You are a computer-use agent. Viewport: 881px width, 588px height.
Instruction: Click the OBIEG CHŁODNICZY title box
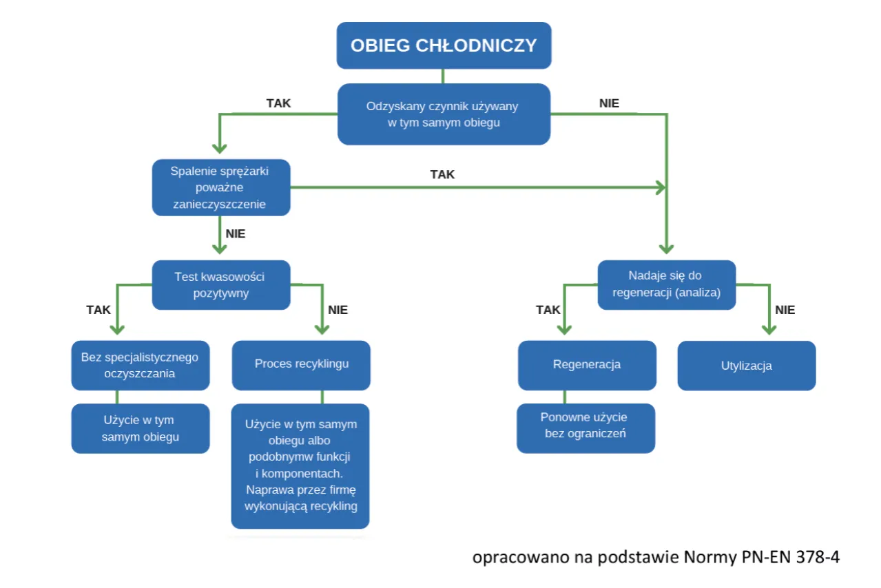pos(444,45)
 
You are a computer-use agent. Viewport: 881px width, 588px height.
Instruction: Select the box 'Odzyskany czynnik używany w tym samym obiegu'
pos(444,114)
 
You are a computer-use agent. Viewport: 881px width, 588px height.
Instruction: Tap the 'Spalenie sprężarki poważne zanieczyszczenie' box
pos(220,187)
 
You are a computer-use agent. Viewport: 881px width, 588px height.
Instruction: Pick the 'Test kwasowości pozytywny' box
pos(220,284)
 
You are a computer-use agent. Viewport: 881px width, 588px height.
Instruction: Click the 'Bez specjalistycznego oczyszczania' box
pos(140,365)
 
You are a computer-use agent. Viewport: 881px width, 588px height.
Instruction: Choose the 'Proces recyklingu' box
pos(301,364)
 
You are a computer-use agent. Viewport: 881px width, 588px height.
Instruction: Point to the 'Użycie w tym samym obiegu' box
pos(140,428)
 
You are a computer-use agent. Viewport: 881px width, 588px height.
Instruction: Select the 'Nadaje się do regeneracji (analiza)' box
pos(665,284)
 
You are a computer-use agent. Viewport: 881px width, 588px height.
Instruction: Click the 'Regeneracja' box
pos(586,364)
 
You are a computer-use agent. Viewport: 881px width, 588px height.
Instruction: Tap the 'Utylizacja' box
pos(746,366)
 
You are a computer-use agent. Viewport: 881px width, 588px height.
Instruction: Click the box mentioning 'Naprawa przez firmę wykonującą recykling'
pos(300,465)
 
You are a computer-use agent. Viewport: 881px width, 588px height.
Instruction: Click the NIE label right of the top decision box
pos(610,104)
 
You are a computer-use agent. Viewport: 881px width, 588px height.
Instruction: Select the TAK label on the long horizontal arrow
pos(442,174)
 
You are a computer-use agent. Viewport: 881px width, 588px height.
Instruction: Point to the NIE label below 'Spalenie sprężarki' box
pos(236,233)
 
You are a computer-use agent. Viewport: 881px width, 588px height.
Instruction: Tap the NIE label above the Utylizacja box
pos(785,310)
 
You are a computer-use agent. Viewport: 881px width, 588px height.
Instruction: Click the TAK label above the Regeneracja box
pos(548,310)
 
